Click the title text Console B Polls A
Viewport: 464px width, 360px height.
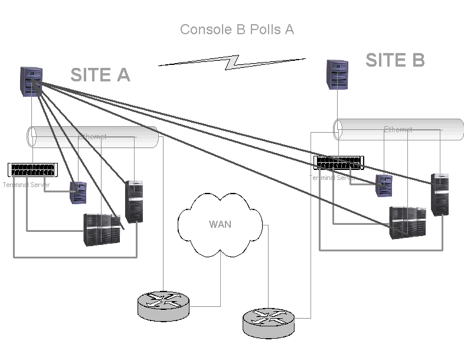pyautogui.click(x=237, y=30)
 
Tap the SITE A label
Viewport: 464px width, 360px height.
pyautogui.click(x=100, y=75)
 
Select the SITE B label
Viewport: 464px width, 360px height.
pyautogui.click(x=395, y=60)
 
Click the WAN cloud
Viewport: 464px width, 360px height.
pyautogui.click(x=220, y=224)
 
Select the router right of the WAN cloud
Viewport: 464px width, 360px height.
pyautogui.click(x=269, y=322)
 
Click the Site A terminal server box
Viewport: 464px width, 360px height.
pyautogui.click(x=32, y=170)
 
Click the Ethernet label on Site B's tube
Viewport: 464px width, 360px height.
pyautogui.click(x=398, y=129)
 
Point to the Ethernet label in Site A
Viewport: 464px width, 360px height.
pyautogui.click(x=93, y=136)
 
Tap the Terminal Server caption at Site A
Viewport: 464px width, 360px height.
pyautogui.click(x=26, y=185)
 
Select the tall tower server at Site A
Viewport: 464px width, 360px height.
pyautogui.click(x=134, y=201)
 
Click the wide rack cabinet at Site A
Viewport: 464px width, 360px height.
pyautogui.click(x=103, y=230)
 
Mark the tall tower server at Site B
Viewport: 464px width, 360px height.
pyautogui.click(x=439, y=195)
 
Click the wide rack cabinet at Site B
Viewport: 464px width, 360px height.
pyautogui.click(x=407, y=222)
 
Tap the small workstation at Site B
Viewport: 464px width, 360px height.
pyautogui.click(x=384, y=185)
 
